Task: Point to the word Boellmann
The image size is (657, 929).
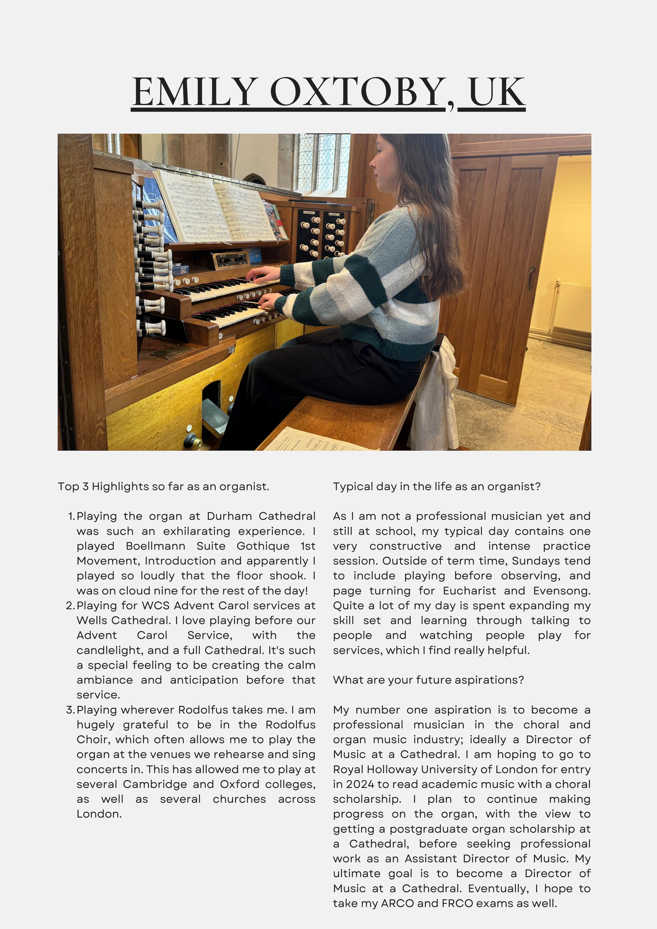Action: point(155,546)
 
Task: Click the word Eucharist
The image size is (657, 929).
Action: point(469,591)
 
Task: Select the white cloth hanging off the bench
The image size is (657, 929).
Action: point(435,397)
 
